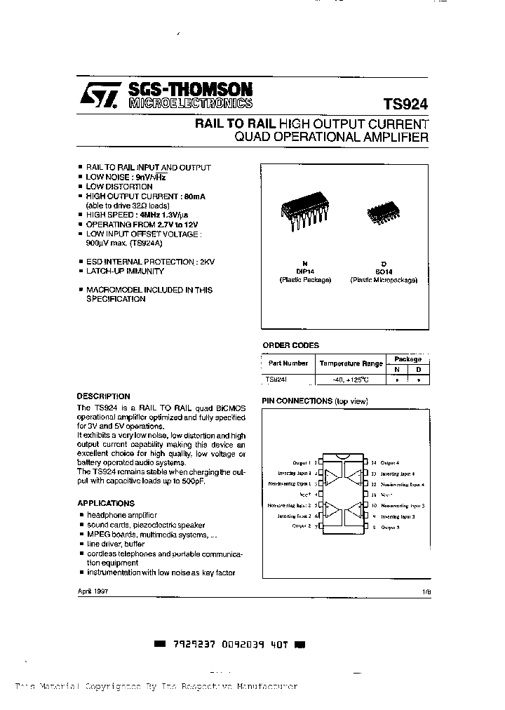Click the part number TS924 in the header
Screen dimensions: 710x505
click(x=405, y=102)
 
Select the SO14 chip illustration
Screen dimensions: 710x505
click(x=383, y=210)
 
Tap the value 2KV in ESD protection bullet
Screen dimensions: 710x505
click(x=207, y=262)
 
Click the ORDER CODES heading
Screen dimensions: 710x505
click(x=290, y=345)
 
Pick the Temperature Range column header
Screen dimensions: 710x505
click(x=351, y=363)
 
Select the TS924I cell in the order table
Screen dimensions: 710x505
click(x=277, y=379)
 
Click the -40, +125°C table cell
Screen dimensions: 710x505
click(x=351, y=380)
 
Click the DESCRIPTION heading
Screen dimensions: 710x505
click(x=103, y=396)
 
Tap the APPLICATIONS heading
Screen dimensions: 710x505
click(x=105, y=504)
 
